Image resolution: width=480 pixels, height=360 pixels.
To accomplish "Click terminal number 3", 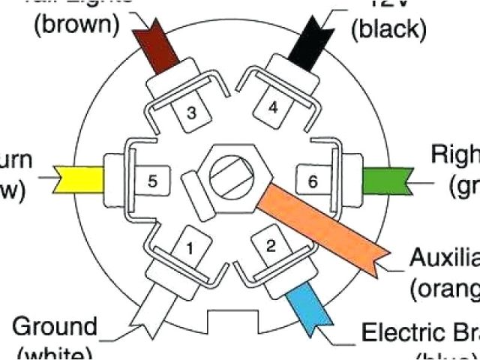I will pyautogui.click(x=192, y=113).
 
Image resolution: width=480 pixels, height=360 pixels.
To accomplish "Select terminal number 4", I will pyautogui.click(x=273, y=108).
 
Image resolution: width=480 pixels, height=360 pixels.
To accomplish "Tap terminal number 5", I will pyautogui.click(x=153, y=181).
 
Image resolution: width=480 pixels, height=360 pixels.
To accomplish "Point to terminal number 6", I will pyautogui.click(x=312, y=181).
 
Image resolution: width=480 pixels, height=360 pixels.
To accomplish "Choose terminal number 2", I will pyautogui.click(x=271, y=245).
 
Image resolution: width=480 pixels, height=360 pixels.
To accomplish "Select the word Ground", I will pyautogui.click(x=55, y=327).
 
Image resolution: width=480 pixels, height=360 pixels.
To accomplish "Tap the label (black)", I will pyautogui.click(x=389, y=29).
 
